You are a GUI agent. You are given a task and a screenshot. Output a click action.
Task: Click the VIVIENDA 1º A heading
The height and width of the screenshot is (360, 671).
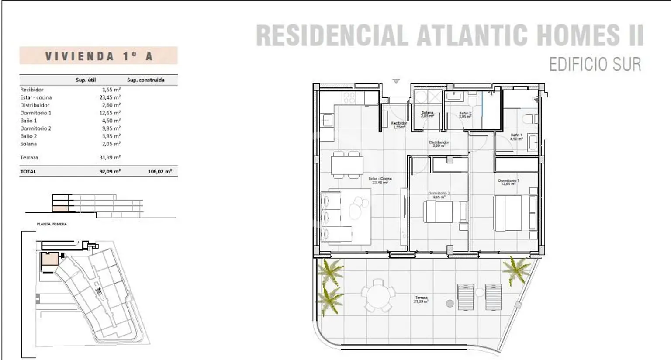pyautogui.click(x=99, y=56)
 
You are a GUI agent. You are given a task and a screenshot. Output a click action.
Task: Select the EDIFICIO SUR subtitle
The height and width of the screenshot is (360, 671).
pyautogui.click(x=595, y=65)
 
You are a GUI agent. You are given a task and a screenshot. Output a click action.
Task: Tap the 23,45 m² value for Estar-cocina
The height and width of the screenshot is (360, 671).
pyautogui.click(x=110, y=97)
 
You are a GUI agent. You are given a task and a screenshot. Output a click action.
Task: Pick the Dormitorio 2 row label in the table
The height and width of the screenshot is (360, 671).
pyautogui.click(x=36, y=128)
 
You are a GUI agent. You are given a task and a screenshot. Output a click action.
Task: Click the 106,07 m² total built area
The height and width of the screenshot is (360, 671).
pyautogui.click(x=159, y=172)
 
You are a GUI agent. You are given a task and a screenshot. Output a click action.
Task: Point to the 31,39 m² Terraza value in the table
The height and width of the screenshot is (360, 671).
pyautogui.click(x=110, y=157)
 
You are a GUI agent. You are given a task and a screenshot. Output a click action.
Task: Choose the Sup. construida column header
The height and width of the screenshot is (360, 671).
pyautogui.click(x=145, y=80)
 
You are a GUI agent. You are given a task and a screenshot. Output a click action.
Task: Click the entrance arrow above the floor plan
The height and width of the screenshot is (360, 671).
pyautogui.click(x=396, y=81)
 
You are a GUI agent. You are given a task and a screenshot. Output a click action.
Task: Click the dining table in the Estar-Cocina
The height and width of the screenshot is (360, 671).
pyautogui.click(x=347, y=165)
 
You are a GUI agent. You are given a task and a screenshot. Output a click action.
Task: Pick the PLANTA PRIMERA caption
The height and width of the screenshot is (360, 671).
pyautogui.click(x=52, y=224)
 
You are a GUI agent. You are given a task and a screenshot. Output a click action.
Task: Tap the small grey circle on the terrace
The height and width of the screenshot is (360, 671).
pyautogui.click(x=449, y=303)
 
